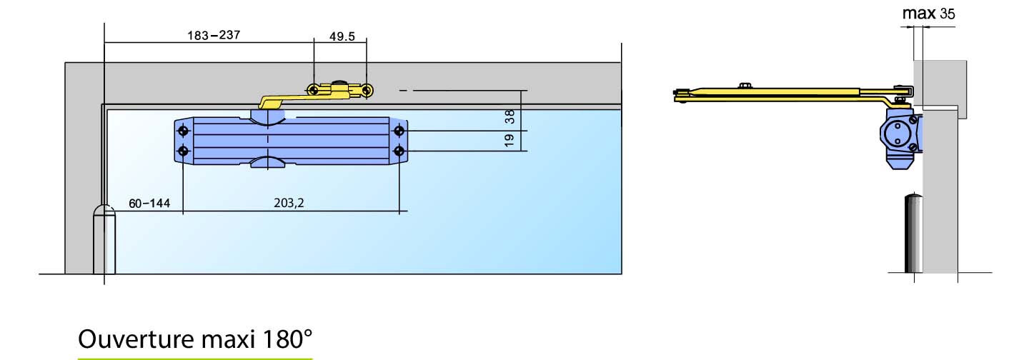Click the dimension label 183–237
(x=214, y=35)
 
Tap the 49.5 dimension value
(x=342, y=36)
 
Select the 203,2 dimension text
(x=289, y=203)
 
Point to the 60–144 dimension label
(x=149, y=204)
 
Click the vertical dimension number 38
(x=509, y=116)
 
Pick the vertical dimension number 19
(x=509, y=140)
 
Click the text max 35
(x=928, y=14)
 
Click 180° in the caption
(x=287, y=339)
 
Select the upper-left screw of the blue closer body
(x=184, y=131)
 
